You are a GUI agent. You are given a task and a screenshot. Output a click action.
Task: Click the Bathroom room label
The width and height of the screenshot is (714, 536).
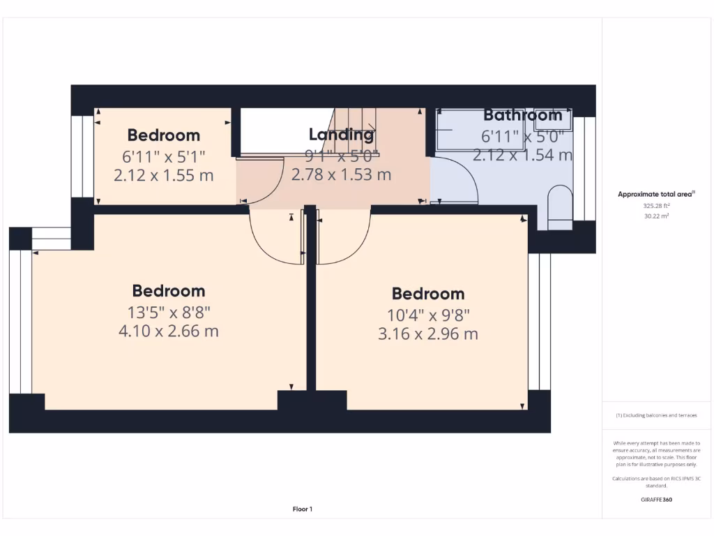pyautogui.click(x=522, y=115)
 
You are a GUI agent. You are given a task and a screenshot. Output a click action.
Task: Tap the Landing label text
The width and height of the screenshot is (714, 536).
pyautogui.click(x=341, y=135)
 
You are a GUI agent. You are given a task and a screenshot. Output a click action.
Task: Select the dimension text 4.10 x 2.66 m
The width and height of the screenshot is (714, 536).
pyautogui.click(x=168, y=331)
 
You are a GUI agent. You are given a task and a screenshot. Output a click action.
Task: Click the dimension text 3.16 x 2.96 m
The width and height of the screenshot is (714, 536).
pyautogui.click(x=427, y=334)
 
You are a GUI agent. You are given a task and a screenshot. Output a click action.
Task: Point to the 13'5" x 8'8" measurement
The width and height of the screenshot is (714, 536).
pyautogui.click(x=168, y=311)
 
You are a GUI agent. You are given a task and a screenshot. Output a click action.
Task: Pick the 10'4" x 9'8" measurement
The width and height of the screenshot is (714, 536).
pyautogui.click(x=427, y=314)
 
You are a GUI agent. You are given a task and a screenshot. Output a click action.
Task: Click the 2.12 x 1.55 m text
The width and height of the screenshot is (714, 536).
pyautogui.click(x=163, y=174)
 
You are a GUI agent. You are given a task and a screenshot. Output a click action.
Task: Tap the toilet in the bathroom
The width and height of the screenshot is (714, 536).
pyautogui.click(x=559, y=207)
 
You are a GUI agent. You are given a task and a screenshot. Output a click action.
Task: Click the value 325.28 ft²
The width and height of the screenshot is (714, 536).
pyautogui.click(x=656, y=206)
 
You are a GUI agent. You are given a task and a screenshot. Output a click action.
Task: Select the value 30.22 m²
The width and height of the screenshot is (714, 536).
pyautogui.click(x=656, y=216)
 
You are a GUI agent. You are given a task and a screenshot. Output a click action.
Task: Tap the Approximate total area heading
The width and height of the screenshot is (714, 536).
pyautogui.click(x=656, y=194)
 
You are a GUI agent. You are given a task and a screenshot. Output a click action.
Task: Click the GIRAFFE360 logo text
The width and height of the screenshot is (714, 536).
pyautogui.click(x=656, y=500)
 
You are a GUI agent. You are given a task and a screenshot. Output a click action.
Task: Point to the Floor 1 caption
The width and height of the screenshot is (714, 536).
pyautogui.click(x=302, y=509)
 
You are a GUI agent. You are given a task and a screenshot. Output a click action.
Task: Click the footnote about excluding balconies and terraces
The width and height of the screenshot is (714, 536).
pyautogui.click(x=656, y=415)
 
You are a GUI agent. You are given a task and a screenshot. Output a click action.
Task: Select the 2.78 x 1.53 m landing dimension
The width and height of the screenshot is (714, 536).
pyautogui.click(x=341, y=174)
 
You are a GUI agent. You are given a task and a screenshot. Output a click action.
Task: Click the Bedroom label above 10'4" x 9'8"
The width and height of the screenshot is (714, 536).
pyautogui.click(x=427, y=294)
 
